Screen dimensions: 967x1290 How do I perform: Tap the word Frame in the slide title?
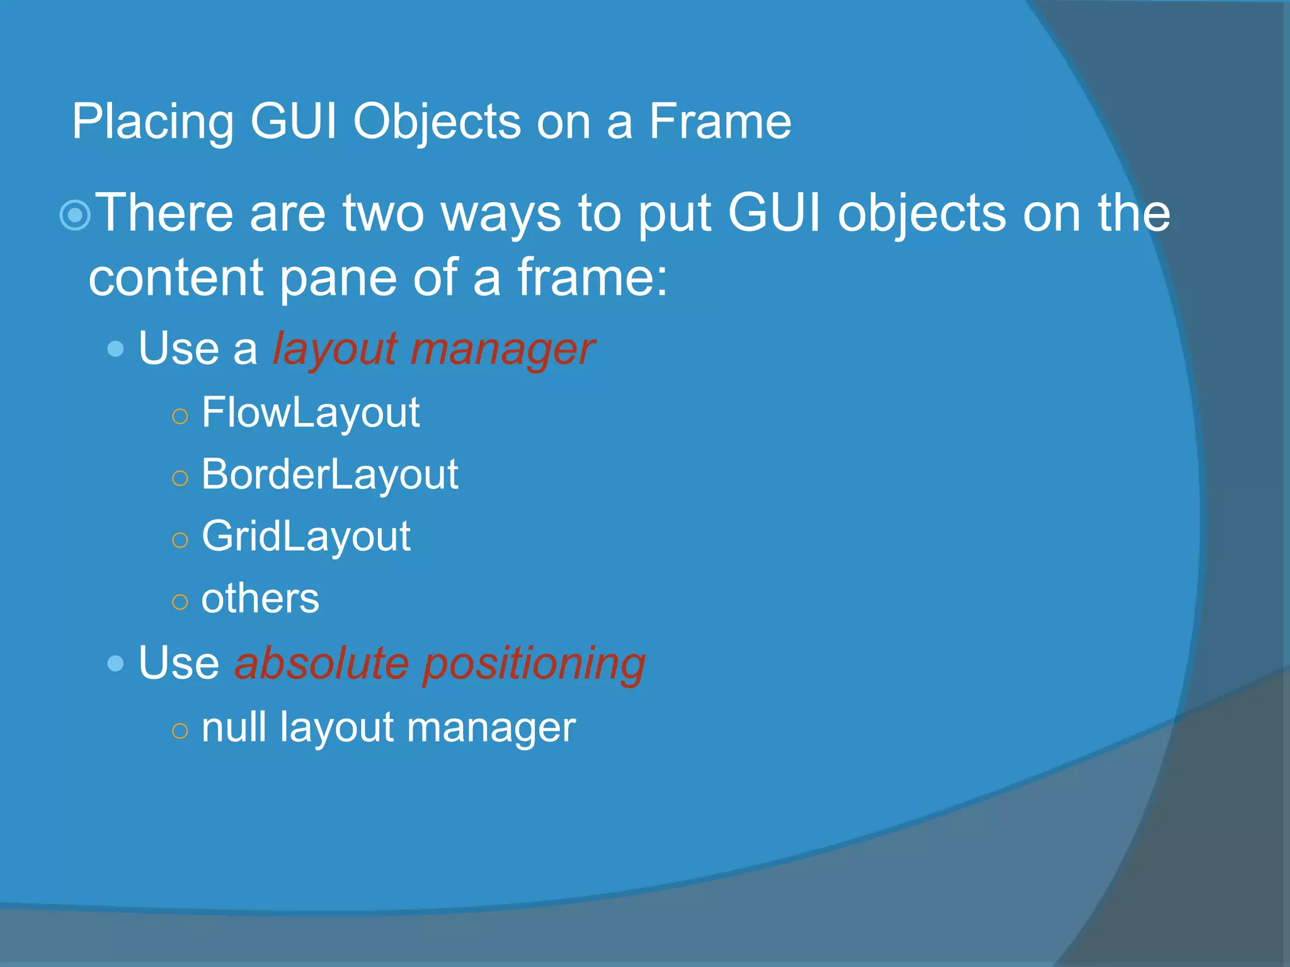[719, 122]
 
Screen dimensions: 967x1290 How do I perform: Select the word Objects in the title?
[437, 122]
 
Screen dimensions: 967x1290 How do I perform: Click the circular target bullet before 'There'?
[75, 215]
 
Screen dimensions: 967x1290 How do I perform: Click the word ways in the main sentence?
[500, 215]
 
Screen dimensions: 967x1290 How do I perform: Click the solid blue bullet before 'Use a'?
[115, 349]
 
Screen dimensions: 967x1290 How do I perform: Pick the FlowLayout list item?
[311, 413]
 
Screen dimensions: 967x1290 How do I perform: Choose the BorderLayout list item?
[329, 475]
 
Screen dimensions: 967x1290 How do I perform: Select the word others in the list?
[260, 598]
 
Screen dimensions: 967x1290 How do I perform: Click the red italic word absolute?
[322, 664]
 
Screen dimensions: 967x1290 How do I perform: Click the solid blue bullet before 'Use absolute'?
[115, 663]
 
